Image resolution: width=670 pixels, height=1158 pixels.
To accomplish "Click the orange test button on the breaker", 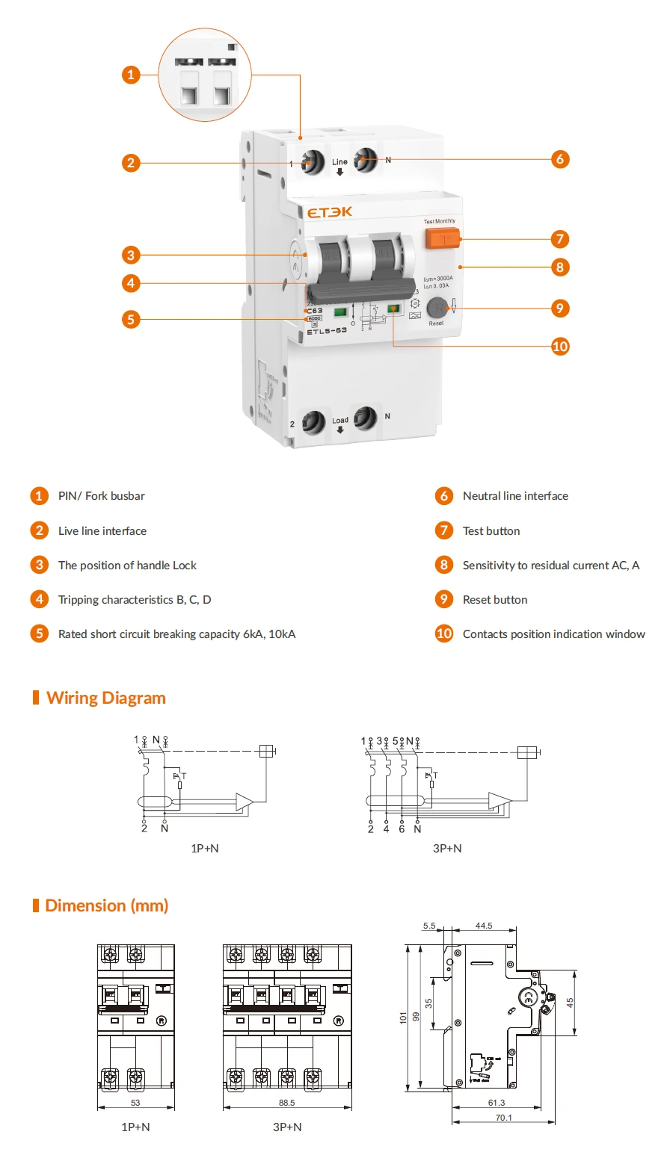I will [x=441, y=238].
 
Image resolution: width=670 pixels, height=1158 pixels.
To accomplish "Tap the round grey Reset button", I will [x=437, y=308].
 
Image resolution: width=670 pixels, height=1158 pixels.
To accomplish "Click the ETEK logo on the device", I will [x=330, y=212].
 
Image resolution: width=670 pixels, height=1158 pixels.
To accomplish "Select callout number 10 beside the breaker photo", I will [x=560, y=346].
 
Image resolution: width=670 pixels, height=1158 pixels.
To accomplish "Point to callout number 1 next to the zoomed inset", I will [x=131, y=74].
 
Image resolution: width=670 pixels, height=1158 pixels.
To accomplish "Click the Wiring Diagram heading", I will [x=105, y=698].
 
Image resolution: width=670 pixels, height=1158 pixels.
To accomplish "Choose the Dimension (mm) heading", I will [x=106, y=905].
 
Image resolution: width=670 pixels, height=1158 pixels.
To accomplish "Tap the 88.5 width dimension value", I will [x=286, y=1102].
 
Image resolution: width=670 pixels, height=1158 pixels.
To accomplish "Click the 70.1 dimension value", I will [x=504, y=1118].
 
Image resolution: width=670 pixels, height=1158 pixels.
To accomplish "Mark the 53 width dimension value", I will [x=135, y=1102].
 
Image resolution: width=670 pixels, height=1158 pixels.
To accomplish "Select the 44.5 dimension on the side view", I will [x=484, y=926].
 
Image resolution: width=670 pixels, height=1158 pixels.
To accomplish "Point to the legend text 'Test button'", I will [x=491, y=531].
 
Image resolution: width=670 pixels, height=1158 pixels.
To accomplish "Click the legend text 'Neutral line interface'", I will [x=515, y=496].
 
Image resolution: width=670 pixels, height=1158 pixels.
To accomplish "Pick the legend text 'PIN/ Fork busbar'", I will [x=102, y=496].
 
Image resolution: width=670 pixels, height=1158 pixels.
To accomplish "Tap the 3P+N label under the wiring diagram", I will [x=447, y=848].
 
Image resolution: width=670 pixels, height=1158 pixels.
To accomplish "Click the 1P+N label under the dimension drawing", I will [x=135, y=1127].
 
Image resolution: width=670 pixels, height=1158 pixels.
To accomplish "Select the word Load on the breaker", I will [x=340, y=421].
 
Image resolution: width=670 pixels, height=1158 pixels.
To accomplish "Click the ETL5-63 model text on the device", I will [x=327, y=331].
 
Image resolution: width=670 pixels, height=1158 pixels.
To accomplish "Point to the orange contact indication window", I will [x=393, y=308].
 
